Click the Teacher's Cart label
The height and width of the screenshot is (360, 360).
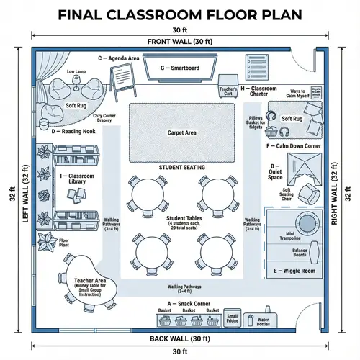tap(228, 91)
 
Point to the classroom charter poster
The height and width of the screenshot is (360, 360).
tap(258, 70)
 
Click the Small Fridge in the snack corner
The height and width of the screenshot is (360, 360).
tap(233, 318)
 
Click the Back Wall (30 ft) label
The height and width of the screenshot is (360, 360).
tap(180, 338)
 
